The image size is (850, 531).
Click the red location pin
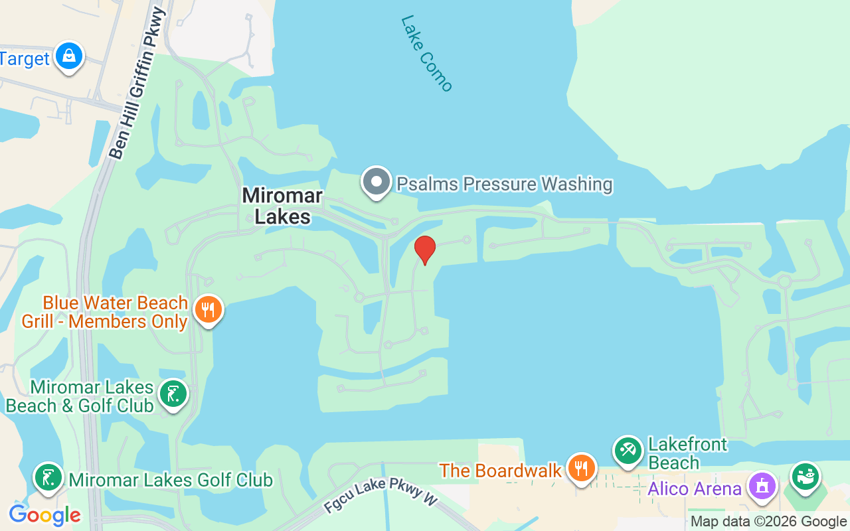(x=424, y=250)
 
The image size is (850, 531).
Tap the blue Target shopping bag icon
(x=69, y=57)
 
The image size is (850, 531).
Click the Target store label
(x=25, y=58)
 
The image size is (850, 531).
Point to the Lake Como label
(x=426, y=53)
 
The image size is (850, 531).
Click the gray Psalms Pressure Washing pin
(x=377, y=182)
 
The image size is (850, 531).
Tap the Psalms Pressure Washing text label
(x=504, y=183)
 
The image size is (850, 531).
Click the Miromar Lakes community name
(x=282, y=206)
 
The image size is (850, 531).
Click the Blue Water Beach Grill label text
(x=105, y=312)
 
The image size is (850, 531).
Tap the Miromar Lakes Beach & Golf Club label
(x=80, y=396)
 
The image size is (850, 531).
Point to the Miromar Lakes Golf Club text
(x=171, y=479)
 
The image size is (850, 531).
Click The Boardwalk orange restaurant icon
(x=581, y=469)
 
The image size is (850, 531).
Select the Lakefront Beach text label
(x=687, y=453)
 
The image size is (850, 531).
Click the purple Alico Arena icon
(x=762, y=486)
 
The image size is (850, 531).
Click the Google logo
(x=44, y=514)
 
